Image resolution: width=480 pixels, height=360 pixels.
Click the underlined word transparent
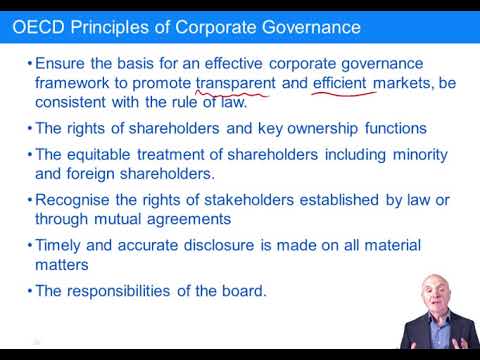pyautogui.click(x=236, y=84)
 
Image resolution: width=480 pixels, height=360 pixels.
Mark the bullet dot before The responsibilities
pyautogui.click(x=28, y=292)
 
